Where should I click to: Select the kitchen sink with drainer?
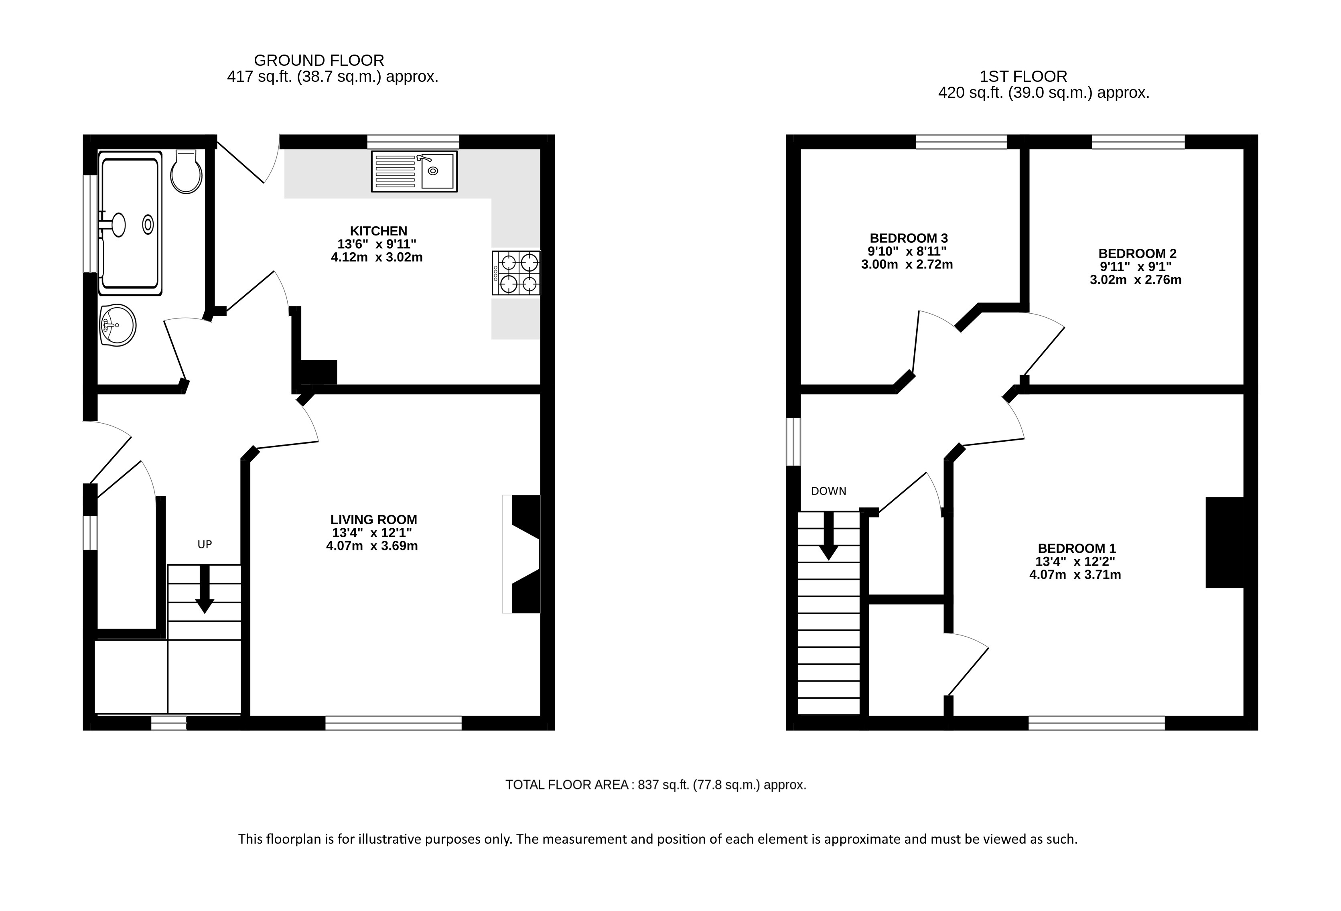(414, 171)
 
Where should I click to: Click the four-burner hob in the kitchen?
(516, 273)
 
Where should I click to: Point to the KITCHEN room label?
(379, 231)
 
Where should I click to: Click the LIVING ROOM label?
(374, 519)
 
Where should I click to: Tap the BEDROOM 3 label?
(909, 238)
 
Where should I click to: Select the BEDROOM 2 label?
(1137, 253)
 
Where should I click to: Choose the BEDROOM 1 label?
(1077, 548)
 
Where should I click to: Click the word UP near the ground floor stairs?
(205, 544)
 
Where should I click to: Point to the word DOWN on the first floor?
(829, 491)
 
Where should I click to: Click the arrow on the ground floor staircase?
(204, 589)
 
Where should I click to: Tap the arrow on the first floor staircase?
(829, 536)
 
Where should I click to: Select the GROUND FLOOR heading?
(319, 60)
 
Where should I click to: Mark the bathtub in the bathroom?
(130, 224)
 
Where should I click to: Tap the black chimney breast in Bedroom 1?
(1224, 542)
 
